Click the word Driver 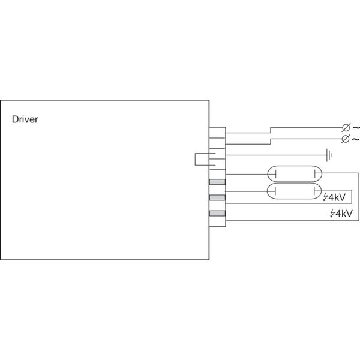25,119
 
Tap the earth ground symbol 329,155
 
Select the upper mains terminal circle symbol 346,128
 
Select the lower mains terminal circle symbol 346,139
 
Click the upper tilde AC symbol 356,128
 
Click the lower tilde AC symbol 356,139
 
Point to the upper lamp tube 295,175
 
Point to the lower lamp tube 295,191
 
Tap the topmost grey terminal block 217,182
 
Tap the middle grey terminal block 217,198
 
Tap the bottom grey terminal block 217,214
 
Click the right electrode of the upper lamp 315,175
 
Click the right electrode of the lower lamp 315,191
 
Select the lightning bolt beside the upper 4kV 326,197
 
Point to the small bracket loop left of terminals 202,159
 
